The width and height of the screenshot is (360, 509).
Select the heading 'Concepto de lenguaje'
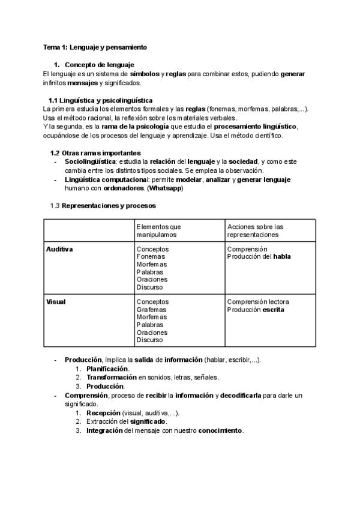click(99, 64)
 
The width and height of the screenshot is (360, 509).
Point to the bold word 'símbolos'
click(145, 74)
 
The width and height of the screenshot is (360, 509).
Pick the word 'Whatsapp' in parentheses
click(165, 188)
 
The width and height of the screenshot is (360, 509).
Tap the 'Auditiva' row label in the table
click(59, 249)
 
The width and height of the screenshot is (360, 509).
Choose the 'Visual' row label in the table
click(56, 302)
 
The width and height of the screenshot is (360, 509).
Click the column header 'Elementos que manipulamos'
click(158, 230)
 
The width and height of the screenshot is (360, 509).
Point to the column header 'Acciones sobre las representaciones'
click(255, 230)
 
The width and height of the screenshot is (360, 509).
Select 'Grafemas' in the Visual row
click(152, 310)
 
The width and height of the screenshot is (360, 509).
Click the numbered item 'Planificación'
click(107, 369)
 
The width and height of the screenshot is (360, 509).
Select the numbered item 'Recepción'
click(103, 414)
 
